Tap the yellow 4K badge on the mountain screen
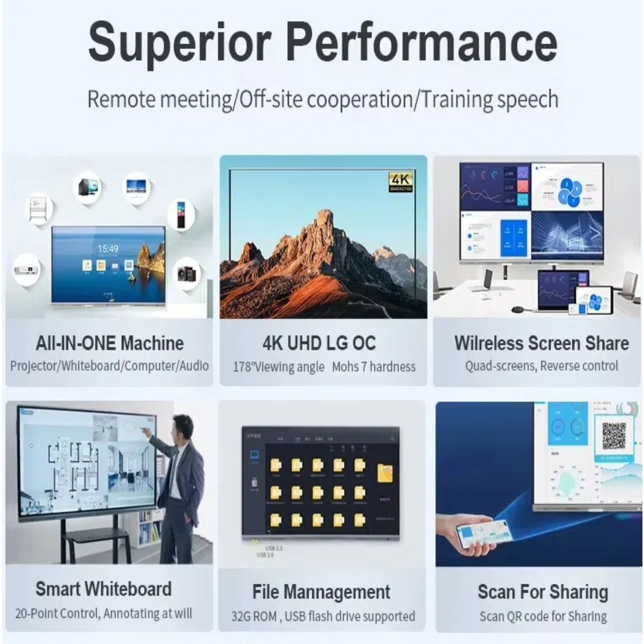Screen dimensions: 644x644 click(400, 181)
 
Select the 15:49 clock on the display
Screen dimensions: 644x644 click(108, 249)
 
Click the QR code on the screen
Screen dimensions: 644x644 click(614, 436)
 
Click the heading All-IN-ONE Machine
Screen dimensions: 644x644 click(109, 343)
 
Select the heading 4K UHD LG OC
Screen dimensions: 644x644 click(319, 343)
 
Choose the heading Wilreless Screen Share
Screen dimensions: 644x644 click(541, 343)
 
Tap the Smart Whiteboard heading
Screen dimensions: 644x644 click(104, 589)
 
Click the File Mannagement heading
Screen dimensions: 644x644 click(321, 592)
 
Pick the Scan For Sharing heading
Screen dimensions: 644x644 click(542, 592)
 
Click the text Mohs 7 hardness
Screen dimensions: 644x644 click(373, 367)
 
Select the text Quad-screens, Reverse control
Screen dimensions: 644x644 click(541, 366)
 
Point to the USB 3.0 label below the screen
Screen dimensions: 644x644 click(274, 548)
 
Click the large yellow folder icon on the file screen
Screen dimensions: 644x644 click(385, 473)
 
